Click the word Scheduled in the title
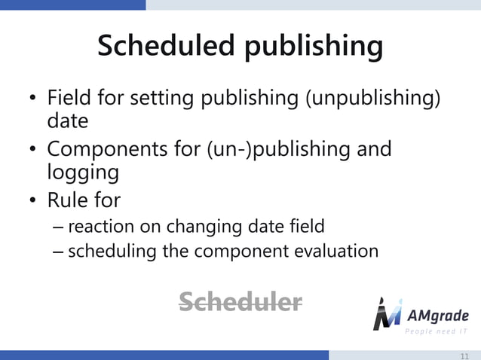(161, 47)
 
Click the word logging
(83, 172)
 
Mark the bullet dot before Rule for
(33, 201)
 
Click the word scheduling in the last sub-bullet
(113, 251)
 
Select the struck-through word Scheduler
(240, 302)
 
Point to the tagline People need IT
(437, 332)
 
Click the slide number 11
(464, 355)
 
